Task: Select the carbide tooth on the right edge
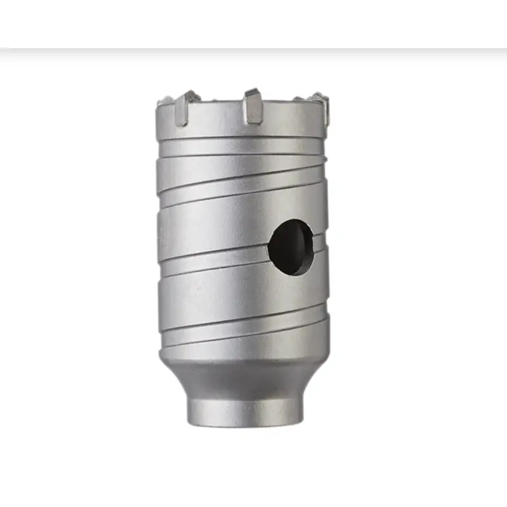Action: click(x=324, y=109)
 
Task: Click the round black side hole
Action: click(x=290, y=247)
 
